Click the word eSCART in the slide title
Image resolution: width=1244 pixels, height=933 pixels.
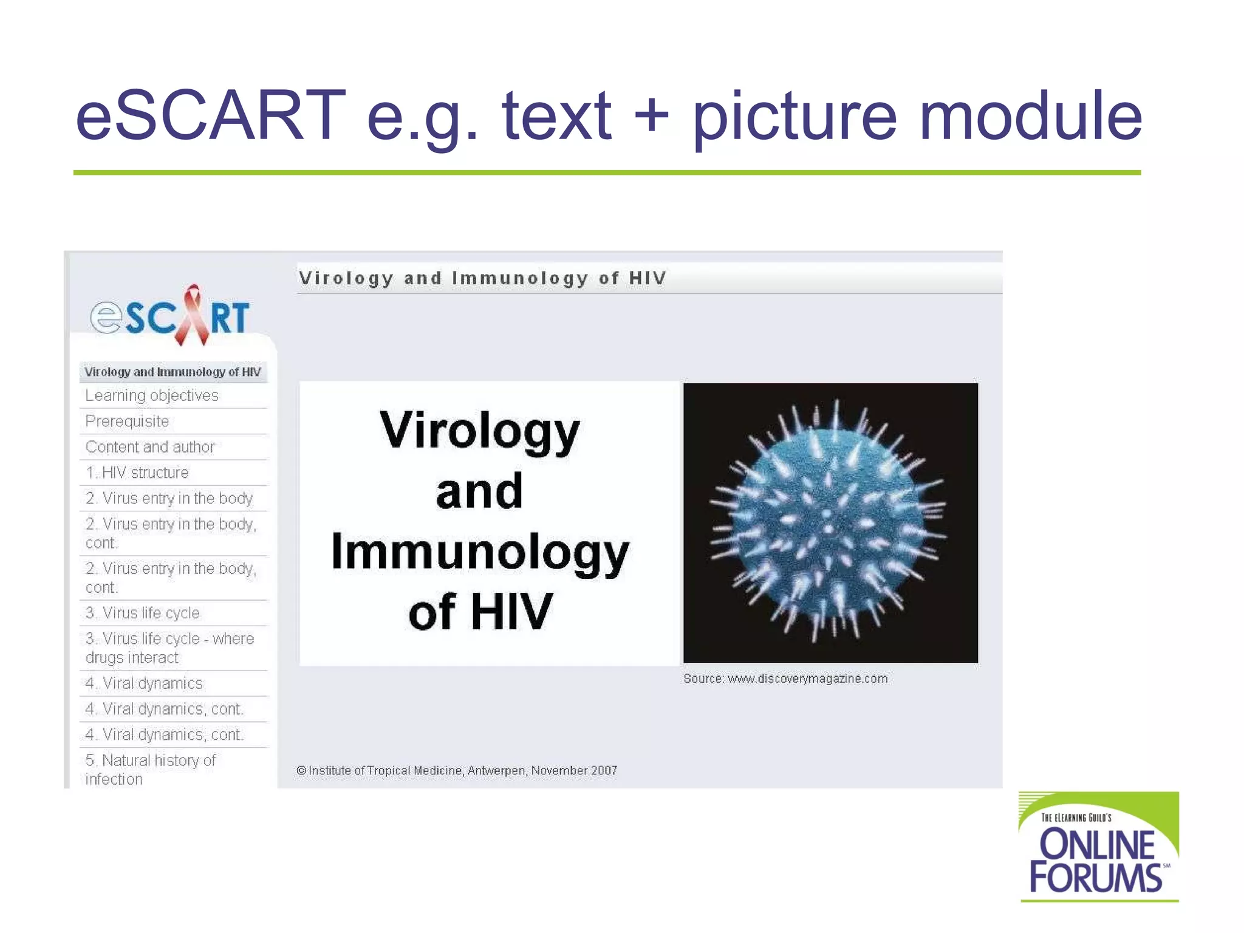pyautogui.click(x=210, y=115)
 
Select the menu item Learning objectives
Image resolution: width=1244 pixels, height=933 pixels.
pyautogui.click(x=152, y=395)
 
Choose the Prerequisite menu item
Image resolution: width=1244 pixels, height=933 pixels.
pyautogui.click(x=127, y=421)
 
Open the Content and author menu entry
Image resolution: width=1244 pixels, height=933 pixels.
pyautogui.click(x=150, y=447)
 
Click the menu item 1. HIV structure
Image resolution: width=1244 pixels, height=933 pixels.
pyautogui.click(x=137, y=473)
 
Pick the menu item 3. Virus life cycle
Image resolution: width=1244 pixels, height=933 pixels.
pyautogui.click(x=143, y=613)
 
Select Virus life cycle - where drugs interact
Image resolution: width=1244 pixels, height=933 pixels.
pyautogui.click(x=169, y=648)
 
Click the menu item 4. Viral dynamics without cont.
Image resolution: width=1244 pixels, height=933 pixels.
pyautogui.click(x=144, y=683)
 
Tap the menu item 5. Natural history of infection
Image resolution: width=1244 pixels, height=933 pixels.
pyautogui.click(x=150, y=770)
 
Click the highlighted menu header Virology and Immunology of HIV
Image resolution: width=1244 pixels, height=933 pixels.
pyautogui.click(x=173, y=372)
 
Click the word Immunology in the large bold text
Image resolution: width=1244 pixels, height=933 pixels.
pyautogui.click(x=480, y=552)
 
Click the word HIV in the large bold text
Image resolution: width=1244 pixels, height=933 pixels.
pyautogui.click(x=511, y=612)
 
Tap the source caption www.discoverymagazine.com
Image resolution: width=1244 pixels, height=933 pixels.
pyautogui.click(x=785, y=678)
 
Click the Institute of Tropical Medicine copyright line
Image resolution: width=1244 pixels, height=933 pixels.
pyautogui.click(x=457, y=770)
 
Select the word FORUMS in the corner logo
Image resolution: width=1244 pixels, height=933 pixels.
pyautogui.click(x=1095, y=878)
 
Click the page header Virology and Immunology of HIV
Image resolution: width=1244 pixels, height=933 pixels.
pyautogui.click(x=483, y=278)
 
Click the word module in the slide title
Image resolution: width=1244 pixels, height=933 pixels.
pyautogui.click(x=1030, y=115)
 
